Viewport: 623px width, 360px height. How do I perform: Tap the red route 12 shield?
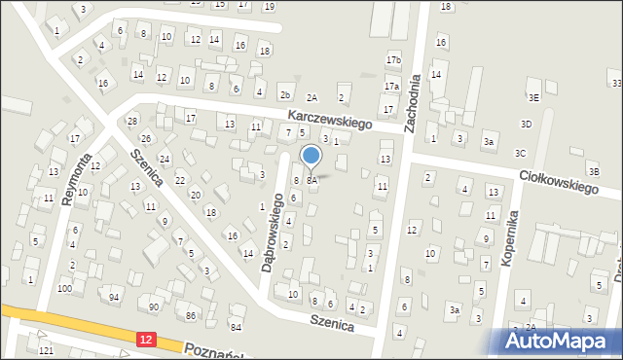(145, 336)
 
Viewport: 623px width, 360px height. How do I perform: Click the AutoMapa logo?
(560, 342)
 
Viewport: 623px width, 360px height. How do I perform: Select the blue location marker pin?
(311, 158)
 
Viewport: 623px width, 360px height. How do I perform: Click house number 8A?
(311, 181)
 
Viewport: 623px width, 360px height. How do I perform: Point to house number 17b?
(392, 60)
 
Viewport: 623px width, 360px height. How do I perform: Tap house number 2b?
(285, 94)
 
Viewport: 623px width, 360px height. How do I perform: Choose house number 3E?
(533, 98)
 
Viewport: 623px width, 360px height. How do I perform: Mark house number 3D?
(526, 124)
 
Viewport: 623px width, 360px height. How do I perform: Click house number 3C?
(520, 153)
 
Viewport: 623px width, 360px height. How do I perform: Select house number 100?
(64, 289)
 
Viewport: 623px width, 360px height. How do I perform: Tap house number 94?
(114, 297)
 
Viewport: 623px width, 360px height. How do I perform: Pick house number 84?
(236, 326)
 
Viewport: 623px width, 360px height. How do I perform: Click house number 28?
(132, 121)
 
